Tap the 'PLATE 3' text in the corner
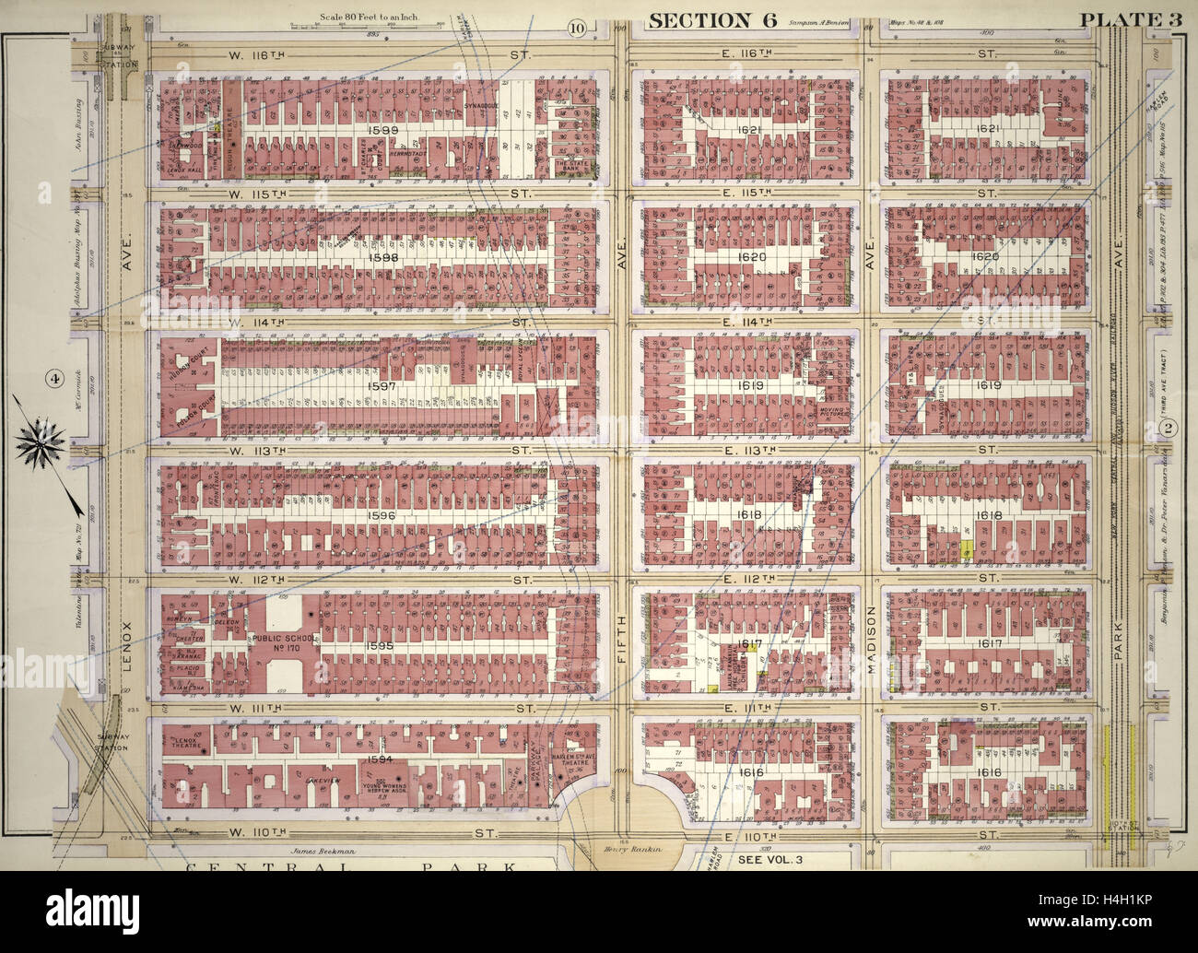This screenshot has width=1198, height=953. pos(1144,20)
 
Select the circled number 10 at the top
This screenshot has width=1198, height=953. pos(576,27)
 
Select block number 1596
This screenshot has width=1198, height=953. pos(380,516)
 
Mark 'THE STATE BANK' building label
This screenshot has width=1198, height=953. pos(570,167)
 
